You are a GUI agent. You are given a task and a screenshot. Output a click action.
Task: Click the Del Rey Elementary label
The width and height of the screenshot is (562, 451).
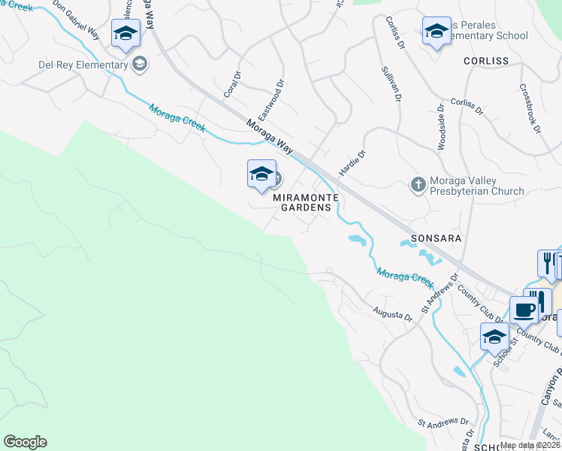(83, 65)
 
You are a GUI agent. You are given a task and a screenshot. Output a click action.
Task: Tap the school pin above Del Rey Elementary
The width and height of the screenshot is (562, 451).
(125, 33)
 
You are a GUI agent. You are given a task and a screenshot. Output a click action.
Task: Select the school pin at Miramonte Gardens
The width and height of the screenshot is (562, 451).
(261, 174)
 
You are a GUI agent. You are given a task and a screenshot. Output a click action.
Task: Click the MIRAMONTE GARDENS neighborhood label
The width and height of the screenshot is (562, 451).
(301, 201)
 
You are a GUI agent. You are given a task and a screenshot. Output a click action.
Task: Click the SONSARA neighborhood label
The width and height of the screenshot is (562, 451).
(436, 237)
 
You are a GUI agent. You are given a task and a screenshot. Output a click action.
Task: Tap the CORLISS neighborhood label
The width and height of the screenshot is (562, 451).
(486, 61)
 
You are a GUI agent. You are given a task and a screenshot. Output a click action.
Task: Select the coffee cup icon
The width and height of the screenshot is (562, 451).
(524, 310)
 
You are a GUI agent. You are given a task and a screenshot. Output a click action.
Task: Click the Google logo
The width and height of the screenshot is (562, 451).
(25, 442)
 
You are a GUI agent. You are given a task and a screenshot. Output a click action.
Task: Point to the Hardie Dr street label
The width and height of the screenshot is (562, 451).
(352, 163)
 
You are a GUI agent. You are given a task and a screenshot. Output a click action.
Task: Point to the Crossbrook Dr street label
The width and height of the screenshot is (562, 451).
(530, 108)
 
